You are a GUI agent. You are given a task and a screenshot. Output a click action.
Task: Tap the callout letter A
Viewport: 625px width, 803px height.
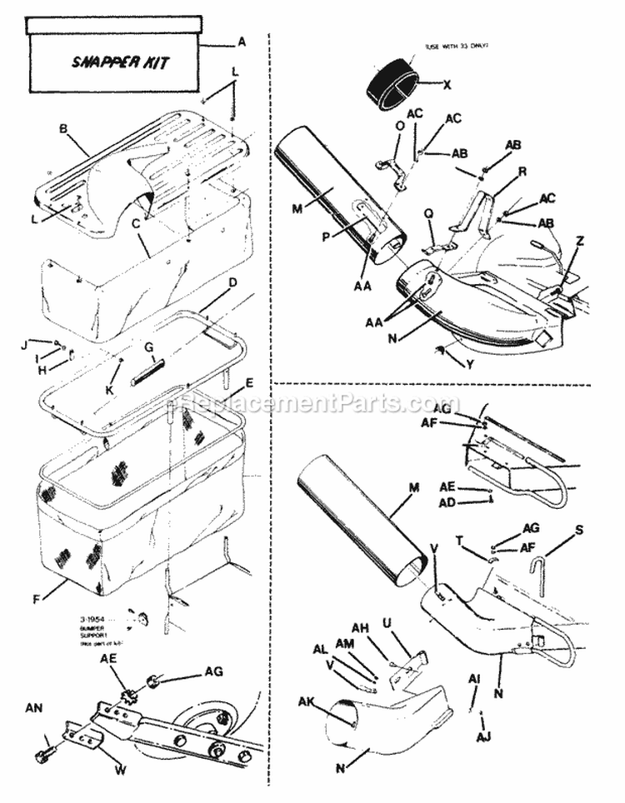click(x=242, y=41)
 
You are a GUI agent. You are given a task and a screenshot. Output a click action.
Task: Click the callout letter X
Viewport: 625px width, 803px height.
click(x=447, y=85)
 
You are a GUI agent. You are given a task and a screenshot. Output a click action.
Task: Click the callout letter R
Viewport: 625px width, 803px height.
click(x=522, y=170)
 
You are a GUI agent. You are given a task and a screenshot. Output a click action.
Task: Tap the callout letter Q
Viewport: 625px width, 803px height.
click(x=429, y=212)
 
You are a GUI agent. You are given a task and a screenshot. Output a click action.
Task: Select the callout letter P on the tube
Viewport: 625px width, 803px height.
click(x=327, y=237)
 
